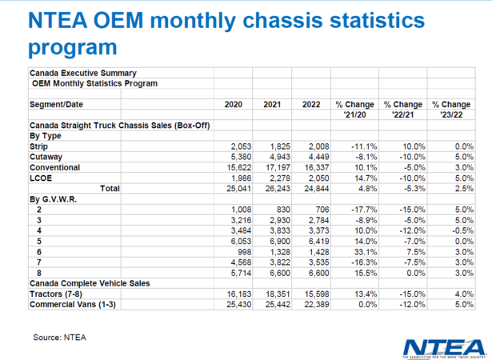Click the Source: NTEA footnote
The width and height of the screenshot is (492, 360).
(60, 337)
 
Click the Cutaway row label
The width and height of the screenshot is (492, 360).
(47, 158)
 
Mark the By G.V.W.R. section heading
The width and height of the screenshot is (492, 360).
(55, 199)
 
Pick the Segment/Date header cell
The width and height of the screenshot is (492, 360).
(60, 105)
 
